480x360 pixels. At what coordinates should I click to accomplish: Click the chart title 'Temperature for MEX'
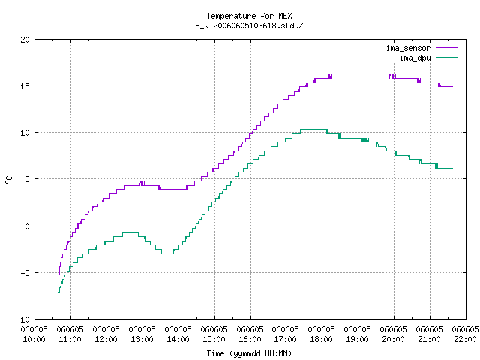[x=249, y=16]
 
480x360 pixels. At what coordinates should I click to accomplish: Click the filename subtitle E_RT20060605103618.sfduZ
[x=249, y=25]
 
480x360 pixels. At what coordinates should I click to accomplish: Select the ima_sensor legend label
[x=408, y=48]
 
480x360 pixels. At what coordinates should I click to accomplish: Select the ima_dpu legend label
[x=415, y=58]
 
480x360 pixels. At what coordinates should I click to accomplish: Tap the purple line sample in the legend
[x=446, y=48]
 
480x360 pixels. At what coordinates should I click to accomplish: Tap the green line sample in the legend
[x=446, y=57]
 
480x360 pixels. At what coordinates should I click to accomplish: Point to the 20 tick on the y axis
[x=25, y=40]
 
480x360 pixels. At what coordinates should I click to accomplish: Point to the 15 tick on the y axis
[x=25, y=86]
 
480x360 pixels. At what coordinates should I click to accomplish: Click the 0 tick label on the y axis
[x=27, y=226]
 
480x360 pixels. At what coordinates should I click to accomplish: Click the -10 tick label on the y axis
[x=23, y=319]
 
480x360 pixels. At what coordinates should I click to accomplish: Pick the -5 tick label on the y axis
[x=25, y=273]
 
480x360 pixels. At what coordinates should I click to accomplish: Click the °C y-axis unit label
[x=8, y=180]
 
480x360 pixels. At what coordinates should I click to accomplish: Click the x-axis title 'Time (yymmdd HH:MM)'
[x=249, y=353]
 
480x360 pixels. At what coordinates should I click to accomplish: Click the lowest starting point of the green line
[x=59, y=292]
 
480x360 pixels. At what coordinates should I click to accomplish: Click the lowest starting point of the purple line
[x=59, y=274]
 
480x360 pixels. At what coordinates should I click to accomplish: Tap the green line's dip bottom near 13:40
[x=167, y=253]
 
